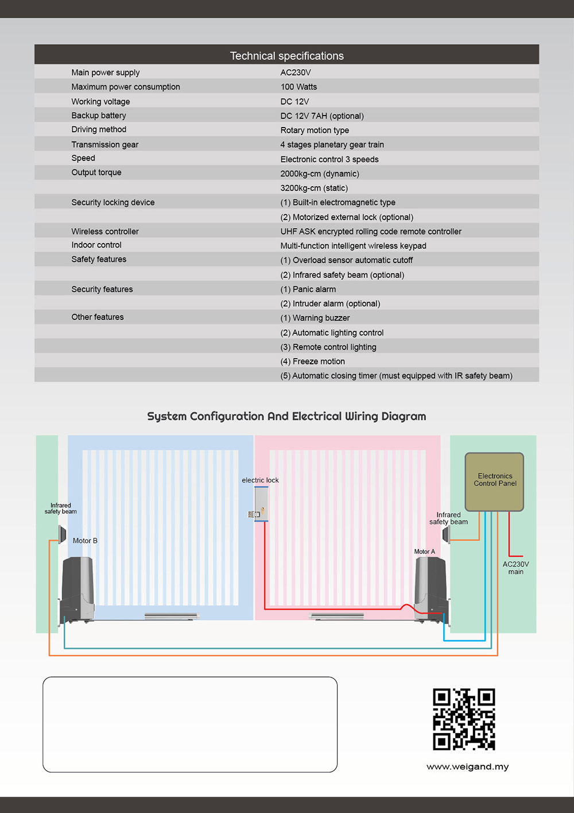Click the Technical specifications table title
click(x=286, y=56)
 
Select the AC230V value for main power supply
click(x=296, y=72)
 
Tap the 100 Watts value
click(x=298, y=87)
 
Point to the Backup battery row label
click(x=99, y=115)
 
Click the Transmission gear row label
click(x=105, y=144)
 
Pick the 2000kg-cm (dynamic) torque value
click(x=320, y=174)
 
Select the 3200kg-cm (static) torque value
click(x=314, y=188)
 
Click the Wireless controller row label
click(x=105, y=231)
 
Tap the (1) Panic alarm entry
click(x=308, y=289)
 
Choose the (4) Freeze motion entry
click(x=312, y=361)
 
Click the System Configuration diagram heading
click(x=286, y=417)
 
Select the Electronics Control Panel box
click(x=494, y=481)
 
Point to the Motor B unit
click(x=77, y=590)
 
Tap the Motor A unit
click(x=432, y=589)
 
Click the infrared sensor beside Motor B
click(x=62, y=534)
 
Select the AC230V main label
click(x=515, y=568)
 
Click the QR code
click(x=464, y=719)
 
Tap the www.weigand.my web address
click(x=467, y=766)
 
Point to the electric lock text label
click(x=260, y=480)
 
